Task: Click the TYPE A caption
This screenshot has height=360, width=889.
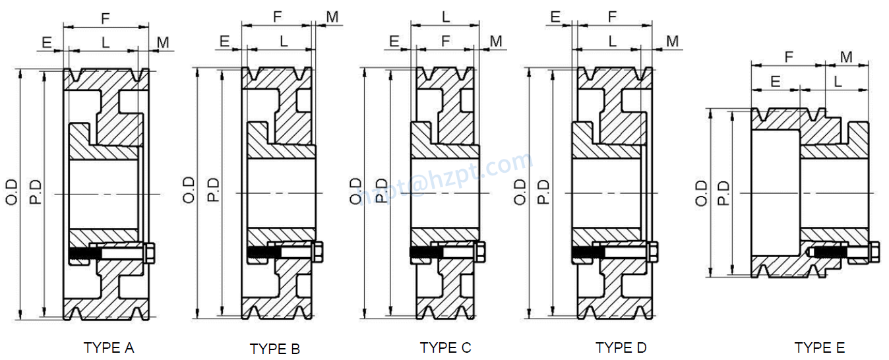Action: [x=109, y=347]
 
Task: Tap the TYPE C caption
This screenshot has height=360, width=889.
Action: [x=445, y=347]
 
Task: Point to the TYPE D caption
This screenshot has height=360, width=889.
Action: [x=621, y=347]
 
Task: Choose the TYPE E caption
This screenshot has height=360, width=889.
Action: [x=819, y=347]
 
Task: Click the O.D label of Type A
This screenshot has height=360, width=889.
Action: [x=14, y=191]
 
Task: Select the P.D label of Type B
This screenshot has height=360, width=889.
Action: [x=213, y=190]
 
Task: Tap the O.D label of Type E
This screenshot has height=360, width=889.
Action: [x=701, y=193]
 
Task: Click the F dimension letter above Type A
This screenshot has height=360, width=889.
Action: [x=106, y=19]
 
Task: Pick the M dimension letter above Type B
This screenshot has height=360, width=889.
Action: [x=332, y=16]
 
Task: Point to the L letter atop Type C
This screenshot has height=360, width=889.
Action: [x=446, y=16]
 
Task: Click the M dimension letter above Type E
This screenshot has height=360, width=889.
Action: [x=846, y=57]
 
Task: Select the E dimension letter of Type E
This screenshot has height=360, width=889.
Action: [x=776, y=81]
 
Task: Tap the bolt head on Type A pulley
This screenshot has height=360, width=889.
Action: [x=149, y=253]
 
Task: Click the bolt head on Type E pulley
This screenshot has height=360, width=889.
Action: [x=874, y=252]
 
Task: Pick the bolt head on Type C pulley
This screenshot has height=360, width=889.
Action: [x=480, y=252]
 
